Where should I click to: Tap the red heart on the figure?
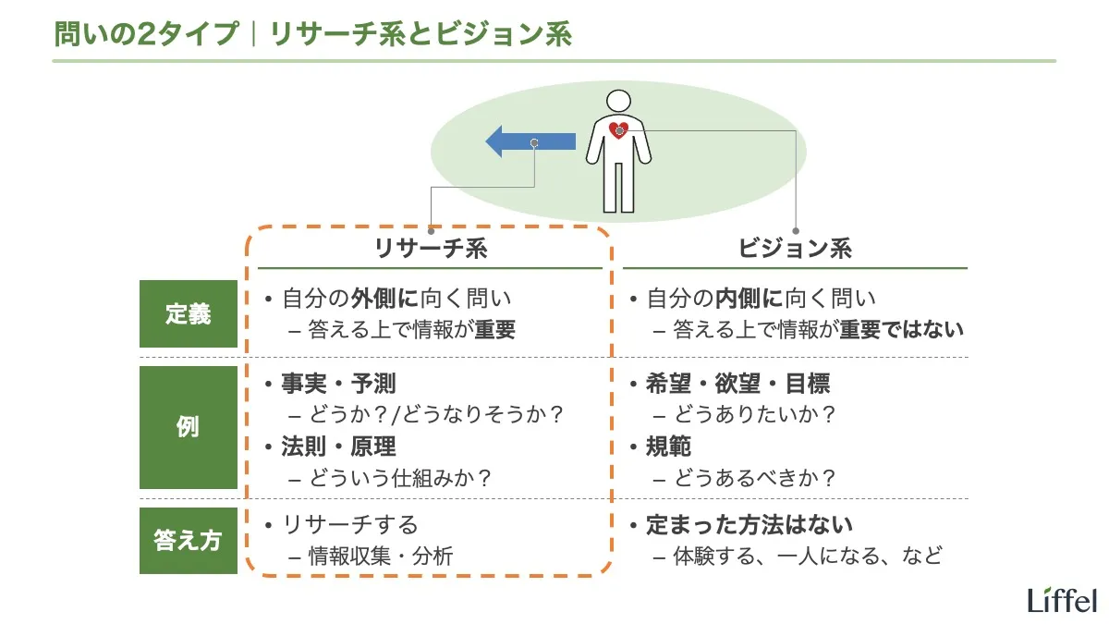[x=619, y=130]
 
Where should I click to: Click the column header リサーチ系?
[x=430, y=248]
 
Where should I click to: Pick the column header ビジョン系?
[x=795, y=248]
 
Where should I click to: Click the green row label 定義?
[x=189, y=314]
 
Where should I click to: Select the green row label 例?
[x=189, y=428]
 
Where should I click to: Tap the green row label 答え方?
[x=189, y=541]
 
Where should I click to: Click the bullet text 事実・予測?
[x=338, y=383]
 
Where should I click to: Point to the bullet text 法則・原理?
[x=338, y=447]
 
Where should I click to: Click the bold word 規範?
[x=669, y=447]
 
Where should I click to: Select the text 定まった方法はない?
[x=749, y=525]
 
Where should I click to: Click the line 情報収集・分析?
[x=380, y=556]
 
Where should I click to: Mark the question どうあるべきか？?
[x=755, y=478]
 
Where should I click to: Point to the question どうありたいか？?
[x=755, y=414]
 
